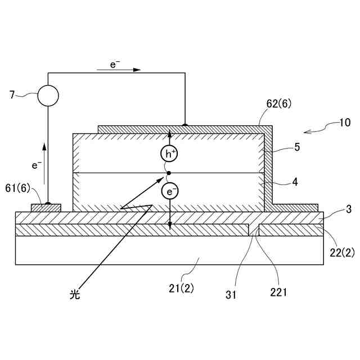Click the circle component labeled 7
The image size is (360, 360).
(48, 96)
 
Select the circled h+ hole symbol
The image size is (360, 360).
(169, 153)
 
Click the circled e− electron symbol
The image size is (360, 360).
(170, 192)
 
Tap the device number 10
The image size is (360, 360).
(344, 123)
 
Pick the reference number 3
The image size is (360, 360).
(348, 210)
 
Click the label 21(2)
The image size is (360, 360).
(181, 289)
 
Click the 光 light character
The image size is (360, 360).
(75, 294)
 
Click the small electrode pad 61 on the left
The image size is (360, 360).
(46, 208)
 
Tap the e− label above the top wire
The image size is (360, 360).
(114, 65)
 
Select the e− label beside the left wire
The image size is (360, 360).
(37, 165)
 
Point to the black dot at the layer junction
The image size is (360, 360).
(169, 173)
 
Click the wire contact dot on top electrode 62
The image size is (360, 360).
(184, 125)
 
